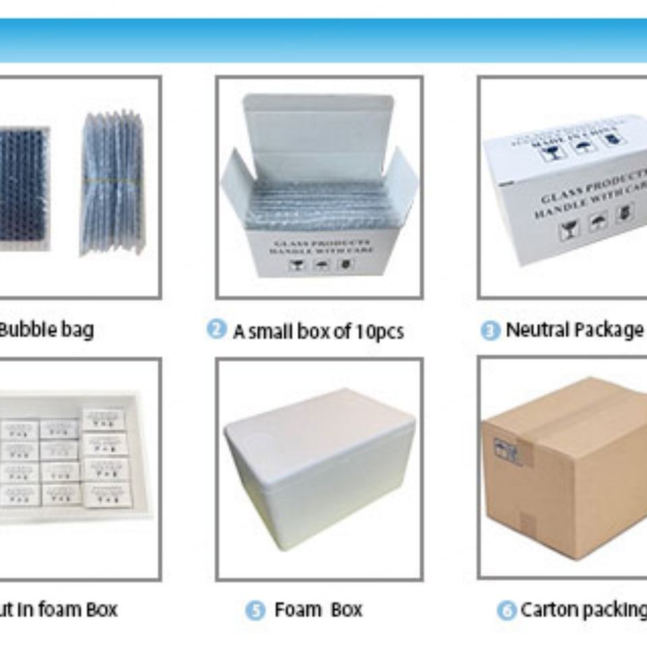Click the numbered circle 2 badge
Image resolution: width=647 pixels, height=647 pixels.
[x=216, y=330]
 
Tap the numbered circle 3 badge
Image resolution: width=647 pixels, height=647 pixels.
[x=490, y=331]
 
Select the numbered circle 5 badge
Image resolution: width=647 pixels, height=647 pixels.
[x=254, y=611]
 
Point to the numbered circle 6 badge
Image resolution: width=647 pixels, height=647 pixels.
[x=506, y=611]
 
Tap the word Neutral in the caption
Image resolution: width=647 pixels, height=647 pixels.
[x=536, y=330]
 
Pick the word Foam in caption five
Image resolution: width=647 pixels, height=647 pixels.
[x=297, y=610]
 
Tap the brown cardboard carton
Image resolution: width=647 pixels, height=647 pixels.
[x=573, y=485]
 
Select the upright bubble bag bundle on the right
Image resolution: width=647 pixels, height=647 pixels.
[x=113, y=182]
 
